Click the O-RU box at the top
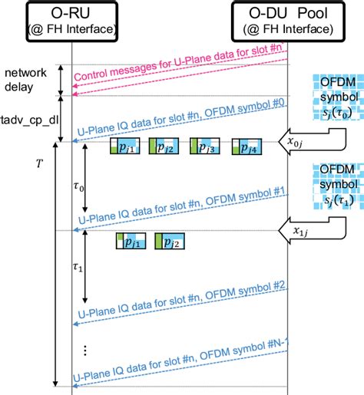click(x=71, y=21)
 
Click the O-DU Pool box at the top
click(x=287, y=21)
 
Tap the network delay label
click(x=26, y=79)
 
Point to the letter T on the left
click(x=39, y=164)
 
